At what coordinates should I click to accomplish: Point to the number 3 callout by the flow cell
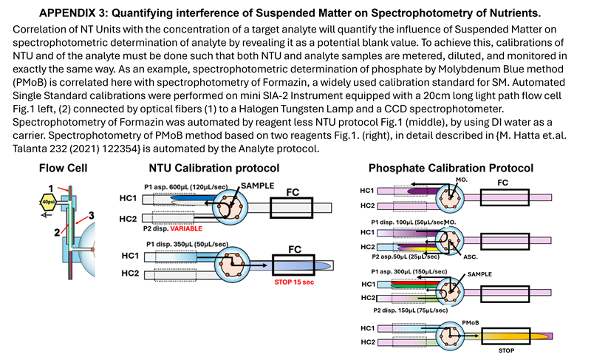(x=90, y=214)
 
